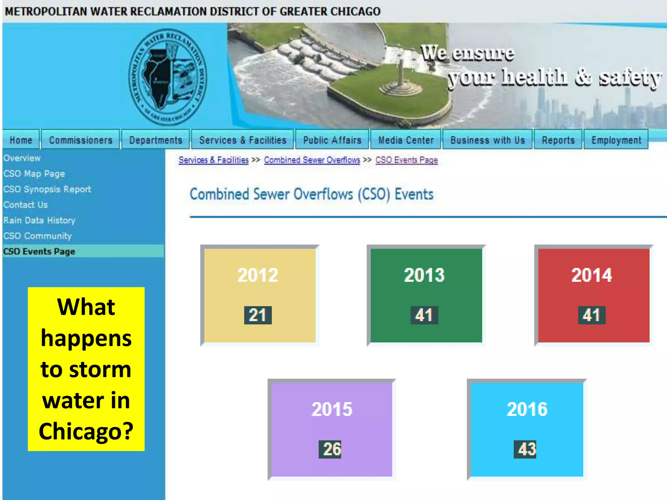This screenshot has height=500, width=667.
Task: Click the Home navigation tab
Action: (21, 140)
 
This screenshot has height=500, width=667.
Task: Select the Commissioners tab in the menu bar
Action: (81, 140)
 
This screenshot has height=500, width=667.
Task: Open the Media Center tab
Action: (406, 140)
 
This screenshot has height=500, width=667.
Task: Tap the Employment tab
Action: (616, 140)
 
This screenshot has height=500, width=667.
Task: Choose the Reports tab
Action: (558, 140)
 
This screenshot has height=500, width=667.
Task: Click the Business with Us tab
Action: (488, 140)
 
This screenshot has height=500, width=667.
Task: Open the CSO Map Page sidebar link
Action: (34, 174)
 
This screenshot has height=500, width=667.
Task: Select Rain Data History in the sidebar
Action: (39, 220)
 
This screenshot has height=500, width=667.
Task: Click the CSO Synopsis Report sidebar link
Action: (47, 189)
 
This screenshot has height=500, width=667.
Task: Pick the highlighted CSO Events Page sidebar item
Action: (39, 251)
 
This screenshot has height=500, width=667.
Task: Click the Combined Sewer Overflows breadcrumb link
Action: (312, 160)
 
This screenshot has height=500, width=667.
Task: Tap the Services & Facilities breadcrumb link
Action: (213, 160)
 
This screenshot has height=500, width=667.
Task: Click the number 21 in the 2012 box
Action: (258, 315)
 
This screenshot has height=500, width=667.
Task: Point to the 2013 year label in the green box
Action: (424, 275)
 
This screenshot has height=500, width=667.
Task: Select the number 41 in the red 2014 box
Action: (591, 315)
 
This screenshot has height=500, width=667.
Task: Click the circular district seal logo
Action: (167, 77)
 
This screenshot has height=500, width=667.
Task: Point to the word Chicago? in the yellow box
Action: (86, 431)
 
